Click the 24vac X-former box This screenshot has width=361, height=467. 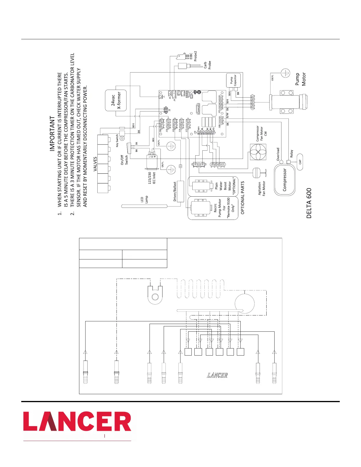(116, 101)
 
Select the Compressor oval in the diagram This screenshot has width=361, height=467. (285, 180)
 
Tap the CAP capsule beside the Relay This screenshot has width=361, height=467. (300, 162)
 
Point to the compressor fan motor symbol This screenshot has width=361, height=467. (258, 152)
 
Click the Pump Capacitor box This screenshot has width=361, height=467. (233, 80)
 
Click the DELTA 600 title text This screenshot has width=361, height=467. (309, 203)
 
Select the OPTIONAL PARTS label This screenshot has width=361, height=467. (243, 198)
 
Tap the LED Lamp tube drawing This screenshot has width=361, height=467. (150, 206)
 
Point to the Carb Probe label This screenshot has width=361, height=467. (207, 65)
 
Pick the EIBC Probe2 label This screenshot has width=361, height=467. (193, 56)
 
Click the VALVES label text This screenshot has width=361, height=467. (95, 164)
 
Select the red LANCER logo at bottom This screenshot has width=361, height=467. (77, 422)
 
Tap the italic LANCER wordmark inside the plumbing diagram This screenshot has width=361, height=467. (217, 375)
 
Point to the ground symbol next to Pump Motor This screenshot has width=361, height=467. (285, 73)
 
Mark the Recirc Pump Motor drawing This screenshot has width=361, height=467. (201, 208)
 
